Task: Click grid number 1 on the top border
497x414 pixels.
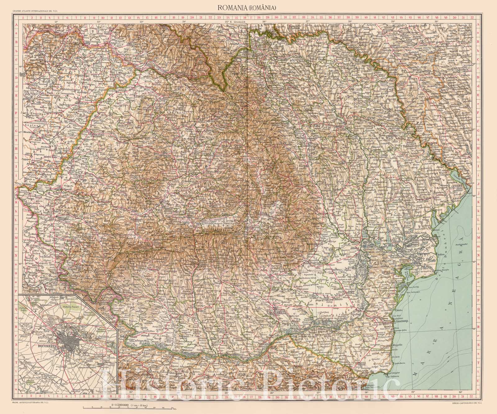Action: [23, 18]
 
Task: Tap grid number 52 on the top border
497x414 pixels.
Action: [472, 18]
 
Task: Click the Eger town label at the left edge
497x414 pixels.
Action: [22, 74]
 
